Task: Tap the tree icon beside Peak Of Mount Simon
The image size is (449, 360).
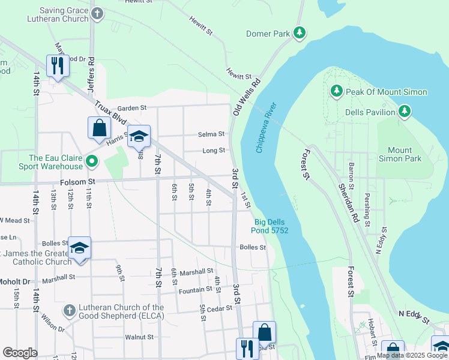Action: point(336,92)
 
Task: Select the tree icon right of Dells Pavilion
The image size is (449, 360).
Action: point(405,112)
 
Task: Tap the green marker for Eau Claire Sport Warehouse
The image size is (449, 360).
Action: point(91,161)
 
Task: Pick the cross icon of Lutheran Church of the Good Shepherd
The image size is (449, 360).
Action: point(70,310)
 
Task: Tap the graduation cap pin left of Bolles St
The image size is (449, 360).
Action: point(79,248)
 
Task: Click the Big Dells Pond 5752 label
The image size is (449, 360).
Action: point(270,226)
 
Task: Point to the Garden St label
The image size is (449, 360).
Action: point(132,108)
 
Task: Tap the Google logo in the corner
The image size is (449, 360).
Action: point(20,353)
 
